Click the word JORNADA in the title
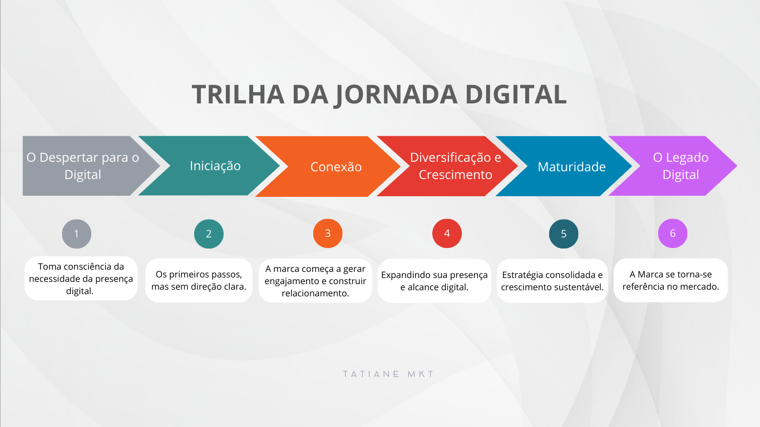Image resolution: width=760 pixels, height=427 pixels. [x=396, y=95]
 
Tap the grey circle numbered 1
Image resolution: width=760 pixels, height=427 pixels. [x=76, y=234]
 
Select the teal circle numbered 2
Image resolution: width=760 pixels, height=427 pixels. [x=209, y=234]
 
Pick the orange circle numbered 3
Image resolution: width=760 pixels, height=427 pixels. [x=328, y=234]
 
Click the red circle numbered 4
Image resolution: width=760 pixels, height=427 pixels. [x=447, y=234]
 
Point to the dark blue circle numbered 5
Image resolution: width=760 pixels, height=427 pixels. [x=564, y=234]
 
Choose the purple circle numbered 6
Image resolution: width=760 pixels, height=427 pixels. [x=673, y=234]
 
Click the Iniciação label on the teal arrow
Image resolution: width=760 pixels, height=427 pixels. [x=215, y=166]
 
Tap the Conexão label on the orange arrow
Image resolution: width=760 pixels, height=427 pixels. [x=336, y=167]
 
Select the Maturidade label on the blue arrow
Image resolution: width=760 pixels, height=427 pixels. [x=571, y=167]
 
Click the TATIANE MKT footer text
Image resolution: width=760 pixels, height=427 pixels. [x=388, y=374]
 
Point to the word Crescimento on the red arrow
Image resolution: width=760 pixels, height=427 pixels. [x=455, y=175]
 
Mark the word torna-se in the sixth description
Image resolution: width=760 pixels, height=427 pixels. [x=694, y=275]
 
